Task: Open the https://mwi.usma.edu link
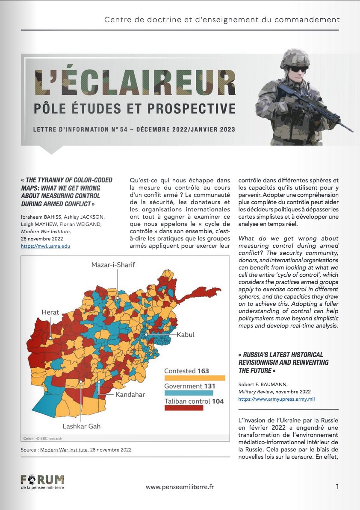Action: click(x=45, y=246)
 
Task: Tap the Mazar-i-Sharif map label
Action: click(x=113, y=265)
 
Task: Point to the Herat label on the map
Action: click(x=50, y=313)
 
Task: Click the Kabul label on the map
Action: click(x=186, y=334)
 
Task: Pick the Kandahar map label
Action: click(x=130, y=394)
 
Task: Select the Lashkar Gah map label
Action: click(x=82, y=426)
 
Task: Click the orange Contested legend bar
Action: click(x=195, y=378)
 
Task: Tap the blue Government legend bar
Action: click(x=189, y=393)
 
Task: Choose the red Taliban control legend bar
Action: click(x=184, y=408)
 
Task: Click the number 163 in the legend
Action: click(x=203, y=371)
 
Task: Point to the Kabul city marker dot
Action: click(x=146, y=334)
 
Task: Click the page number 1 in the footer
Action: click(x=337, y=487)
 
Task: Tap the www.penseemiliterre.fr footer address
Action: click(x=179, y=487)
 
